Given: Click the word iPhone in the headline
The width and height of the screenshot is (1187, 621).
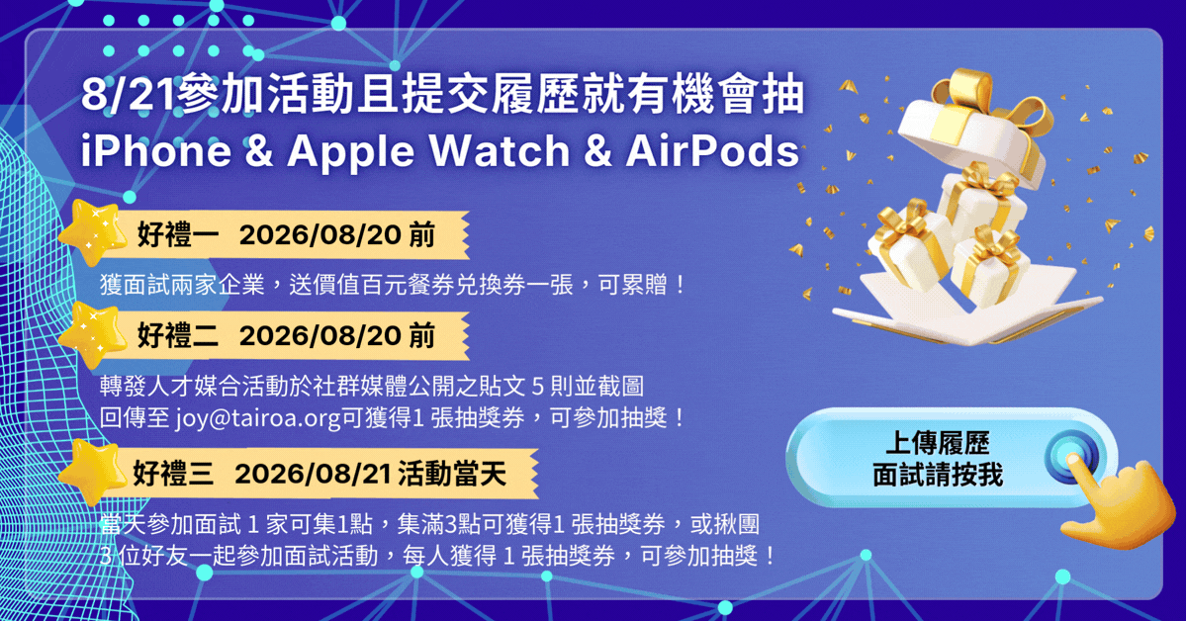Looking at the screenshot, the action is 156,150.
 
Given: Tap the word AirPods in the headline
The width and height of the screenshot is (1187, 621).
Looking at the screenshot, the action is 712,150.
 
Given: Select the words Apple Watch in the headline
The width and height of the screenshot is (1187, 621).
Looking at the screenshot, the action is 428,152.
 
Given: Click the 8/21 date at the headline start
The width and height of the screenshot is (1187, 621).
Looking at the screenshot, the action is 128,95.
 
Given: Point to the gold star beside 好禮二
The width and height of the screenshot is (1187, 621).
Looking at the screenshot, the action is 94,334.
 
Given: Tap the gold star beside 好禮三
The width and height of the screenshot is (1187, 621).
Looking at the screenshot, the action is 94,471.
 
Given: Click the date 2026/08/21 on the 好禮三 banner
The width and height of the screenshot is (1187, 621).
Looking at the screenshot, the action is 313,473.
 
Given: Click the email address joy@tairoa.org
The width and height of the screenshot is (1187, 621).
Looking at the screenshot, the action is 258,418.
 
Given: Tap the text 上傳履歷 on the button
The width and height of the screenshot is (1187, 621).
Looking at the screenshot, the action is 937,443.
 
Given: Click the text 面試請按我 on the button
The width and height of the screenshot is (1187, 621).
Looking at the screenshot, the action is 938,475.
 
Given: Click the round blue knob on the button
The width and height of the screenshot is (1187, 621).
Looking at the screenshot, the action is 1071,457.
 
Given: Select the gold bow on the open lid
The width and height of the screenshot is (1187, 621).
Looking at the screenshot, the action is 990,106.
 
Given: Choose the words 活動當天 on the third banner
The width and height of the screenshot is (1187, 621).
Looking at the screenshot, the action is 452,473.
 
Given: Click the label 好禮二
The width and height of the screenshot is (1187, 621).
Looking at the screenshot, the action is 177,335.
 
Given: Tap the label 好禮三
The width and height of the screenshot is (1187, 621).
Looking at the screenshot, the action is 173,473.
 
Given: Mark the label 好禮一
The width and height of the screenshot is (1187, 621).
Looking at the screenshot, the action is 177,234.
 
